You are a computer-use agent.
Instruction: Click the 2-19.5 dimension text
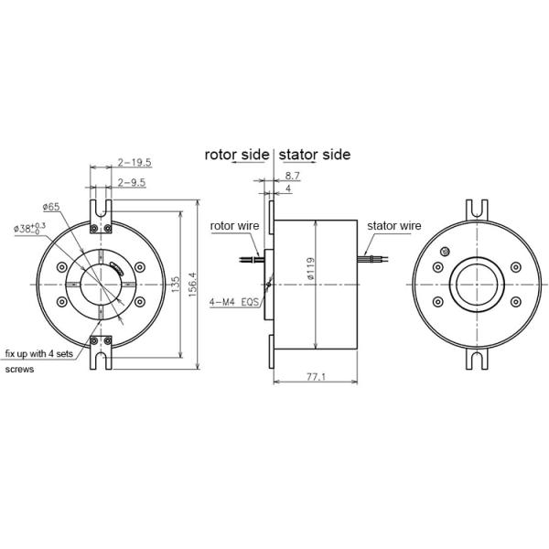[135, 162]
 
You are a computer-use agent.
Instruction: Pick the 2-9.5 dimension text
[133, 182]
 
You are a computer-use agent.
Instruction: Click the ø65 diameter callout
[51, 208]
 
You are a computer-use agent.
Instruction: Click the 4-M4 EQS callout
[234, 300]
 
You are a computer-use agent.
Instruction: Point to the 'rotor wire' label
[235, 224]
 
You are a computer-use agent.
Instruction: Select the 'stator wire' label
[393, 224]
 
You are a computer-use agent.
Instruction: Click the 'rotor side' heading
[236, 155]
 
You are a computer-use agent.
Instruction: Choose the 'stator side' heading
[314, 155]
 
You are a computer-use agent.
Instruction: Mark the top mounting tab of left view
[100, 210]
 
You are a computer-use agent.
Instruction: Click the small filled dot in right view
[446, 251]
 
